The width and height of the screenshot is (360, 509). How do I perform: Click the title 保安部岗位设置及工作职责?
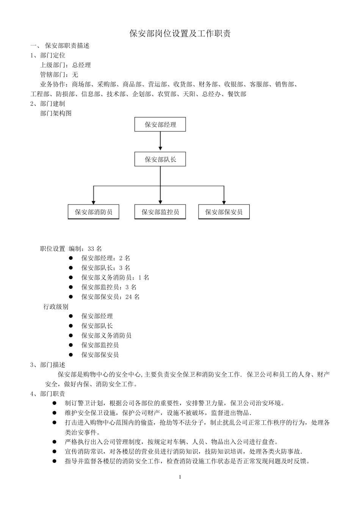(x=180, y=34)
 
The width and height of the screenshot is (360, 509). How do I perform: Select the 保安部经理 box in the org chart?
(x=160, y=125)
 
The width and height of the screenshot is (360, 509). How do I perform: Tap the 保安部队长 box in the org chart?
(x=160, y=159)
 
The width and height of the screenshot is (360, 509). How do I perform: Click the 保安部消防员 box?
(x=93, y=212)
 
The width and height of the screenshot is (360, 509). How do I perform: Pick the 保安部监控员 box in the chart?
(x=160, y=212)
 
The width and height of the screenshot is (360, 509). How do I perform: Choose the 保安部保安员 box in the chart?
(x=224, y=212)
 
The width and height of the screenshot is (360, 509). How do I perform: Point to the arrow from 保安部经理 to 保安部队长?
(x=160, y=142)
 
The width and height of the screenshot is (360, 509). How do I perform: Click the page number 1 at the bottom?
(x=180, y=477)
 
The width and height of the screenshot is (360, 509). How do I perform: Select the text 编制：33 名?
(x=85, y=249)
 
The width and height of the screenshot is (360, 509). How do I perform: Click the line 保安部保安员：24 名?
(x=110, y=297)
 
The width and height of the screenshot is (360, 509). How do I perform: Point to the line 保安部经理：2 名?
(x=106, y=258)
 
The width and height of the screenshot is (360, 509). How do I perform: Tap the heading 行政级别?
(x=56, y=307)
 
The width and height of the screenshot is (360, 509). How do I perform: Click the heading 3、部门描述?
(x=48, y=365)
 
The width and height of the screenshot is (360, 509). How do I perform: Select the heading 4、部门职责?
(x=48, y=394)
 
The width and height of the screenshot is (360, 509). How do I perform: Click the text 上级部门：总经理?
(x=65, y=65)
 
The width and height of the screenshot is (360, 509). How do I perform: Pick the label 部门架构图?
(x=56, y=113)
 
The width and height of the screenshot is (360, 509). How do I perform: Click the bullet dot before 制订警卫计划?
(x=54, y=403)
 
